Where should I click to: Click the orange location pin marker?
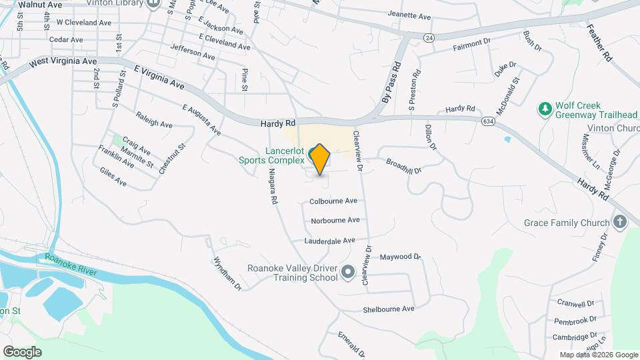pos(320,159)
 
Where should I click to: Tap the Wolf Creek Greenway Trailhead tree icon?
pos(545,108)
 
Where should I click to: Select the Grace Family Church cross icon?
pos(620,223)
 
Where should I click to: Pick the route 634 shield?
pos(489,120)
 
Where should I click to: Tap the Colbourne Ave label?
pos(333,201)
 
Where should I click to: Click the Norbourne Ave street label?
pos(335,220)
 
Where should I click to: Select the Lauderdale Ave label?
pos(330,241)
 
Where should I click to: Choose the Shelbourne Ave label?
pos(389,309)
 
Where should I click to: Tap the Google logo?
pos(22,351)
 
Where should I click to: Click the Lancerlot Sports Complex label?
pos(272,155)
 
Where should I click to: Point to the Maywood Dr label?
pos(401,257)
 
